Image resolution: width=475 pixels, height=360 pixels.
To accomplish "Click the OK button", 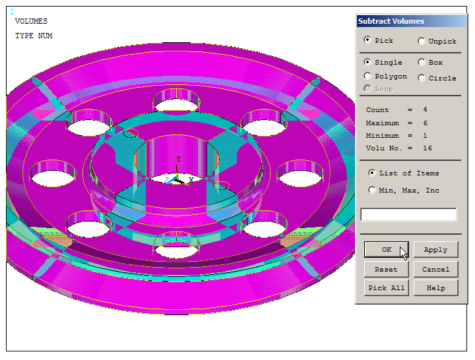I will click(x=386, y=250).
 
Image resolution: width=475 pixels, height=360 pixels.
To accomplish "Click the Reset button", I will click(x=386, y=269).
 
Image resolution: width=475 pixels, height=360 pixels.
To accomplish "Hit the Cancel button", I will click(x=435, y=269).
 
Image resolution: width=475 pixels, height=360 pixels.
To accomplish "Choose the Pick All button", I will click(x=386, y=287).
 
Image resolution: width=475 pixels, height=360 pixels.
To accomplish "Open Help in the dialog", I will click(x=435, y=287).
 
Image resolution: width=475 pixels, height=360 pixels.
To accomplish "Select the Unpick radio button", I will click(x=422, y=41).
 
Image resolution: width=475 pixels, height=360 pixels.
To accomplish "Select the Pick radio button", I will click(x=367, y=40).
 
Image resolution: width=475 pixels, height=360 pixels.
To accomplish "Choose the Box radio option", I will click(x=422, y=62).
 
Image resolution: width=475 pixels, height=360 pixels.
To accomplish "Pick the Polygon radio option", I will click(x=367, y=76).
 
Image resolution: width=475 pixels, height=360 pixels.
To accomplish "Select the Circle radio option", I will click(x=422, y=78).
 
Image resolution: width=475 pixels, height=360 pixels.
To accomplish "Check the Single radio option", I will click(x=367, y=62).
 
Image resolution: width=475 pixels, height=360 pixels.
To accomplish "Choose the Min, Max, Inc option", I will click(x=372, y=191).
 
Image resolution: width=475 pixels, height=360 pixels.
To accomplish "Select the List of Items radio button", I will click(x=372, y=173).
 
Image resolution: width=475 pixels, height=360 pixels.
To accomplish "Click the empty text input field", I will click(x=408, y=214).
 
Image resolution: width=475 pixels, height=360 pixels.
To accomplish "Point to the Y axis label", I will click(x=178, y=160).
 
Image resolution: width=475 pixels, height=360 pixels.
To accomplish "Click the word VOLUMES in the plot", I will click(x=31, y=21).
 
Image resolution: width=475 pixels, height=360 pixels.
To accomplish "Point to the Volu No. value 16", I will click(x=427, y=148).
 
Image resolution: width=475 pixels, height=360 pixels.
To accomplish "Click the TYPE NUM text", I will click(x=34, y=36).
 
